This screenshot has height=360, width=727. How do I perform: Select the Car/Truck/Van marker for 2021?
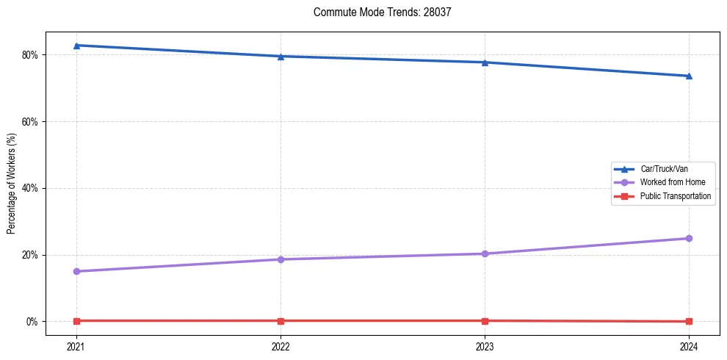pos(76,46)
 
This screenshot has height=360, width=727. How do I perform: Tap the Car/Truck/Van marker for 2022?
pos(281,57)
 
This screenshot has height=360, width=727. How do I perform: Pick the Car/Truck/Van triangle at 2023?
pos(485,62)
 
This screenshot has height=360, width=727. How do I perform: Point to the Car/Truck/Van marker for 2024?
pos(689,76)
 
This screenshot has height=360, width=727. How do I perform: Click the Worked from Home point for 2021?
pos(76,271)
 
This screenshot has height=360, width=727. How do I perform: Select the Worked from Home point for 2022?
pos(281,259)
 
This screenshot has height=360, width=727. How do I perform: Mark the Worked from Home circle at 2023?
pos(485,253)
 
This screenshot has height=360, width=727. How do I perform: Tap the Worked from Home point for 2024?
pos(689,238)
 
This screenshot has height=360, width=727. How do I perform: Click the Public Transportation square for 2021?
pos(76,320)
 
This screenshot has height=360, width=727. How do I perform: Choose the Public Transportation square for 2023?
pos(485,320)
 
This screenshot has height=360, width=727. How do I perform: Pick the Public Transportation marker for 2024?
pos(689,321)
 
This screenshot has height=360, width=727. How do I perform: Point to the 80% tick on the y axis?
pos(30,55)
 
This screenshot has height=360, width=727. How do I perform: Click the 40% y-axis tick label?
pos(30,188)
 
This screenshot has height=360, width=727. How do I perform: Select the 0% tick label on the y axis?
pos(32,322)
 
